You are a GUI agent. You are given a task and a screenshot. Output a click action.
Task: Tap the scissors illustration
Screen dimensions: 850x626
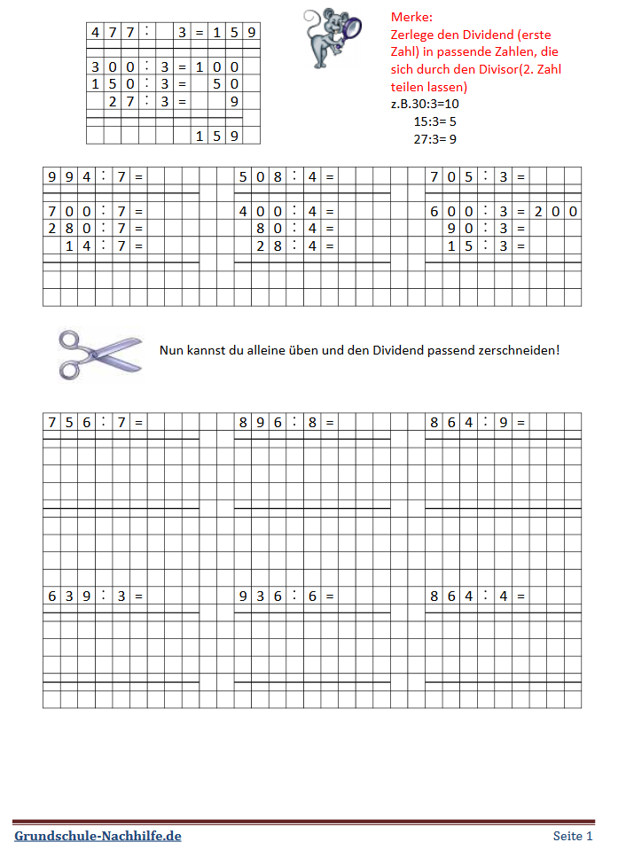[x=99, y=352]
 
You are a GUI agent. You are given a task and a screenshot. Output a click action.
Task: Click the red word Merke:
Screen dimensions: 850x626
[x=412, y=17]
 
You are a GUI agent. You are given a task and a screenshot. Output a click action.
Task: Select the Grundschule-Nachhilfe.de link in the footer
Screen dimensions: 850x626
[x=98, y=836]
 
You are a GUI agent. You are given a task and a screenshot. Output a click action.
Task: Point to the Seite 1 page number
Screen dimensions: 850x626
[x=573, y=836]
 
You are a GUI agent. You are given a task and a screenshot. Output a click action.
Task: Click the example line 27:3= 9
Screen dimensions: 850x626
[x=434, y=138]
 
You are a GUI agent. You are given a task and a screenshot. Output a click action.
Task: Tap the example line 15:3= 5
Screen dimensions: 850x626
[x=434, y=121]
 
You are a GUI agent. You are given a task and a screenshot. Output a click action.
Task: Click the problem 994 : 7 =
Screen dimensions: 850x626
[x=94, y=176]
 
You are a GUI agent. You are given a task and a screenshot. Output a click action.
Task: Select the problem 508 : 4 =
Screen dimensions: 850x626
[x=286, y=176]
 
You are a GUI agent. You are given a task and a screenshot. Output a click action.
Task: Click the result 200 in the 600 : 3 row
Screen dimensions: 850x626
[x=555, y=211]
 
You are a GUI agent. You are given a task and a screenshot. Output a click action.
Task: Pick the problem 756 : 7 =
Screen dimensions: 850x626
[x=94, y=422]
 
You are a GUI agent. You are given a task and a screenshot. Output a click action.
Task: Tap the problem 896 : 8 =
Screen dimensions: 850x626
[x=286, y=422]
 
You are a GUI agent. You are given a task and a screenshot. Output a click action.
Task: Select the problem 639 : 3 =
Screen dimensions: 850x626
[x=94, y=596]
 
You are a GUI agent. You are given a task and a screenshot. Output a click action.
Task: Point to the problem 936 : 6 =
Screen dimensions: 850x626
[x=286, y=596]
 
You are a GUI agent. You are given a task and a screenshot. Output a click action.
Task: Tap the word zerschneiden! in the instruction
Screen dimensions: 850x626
[x=522, y=350]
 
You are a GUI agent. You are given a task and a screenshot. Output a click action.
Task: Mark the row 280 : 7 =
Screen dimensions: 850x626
[x=94, y=229]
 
